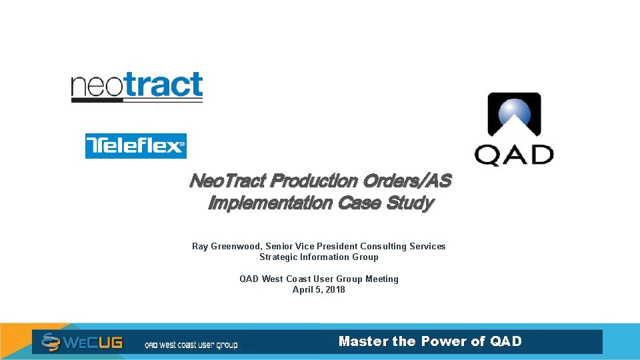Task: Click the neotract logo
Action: tap(137, 87)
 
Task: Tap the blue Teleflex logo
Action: tap(135, 145)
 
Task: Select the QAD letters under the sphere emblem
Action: tap(514, 155)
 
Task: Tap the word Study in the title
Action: tap(411, 203)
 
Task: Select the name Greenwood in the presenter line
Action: tap(236, 247)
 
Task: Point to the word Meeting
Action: tap(381, 279)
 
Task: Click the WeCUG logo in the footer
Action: tap(81, 342)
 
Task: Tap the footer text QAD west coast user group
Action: tap(191, 345)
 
